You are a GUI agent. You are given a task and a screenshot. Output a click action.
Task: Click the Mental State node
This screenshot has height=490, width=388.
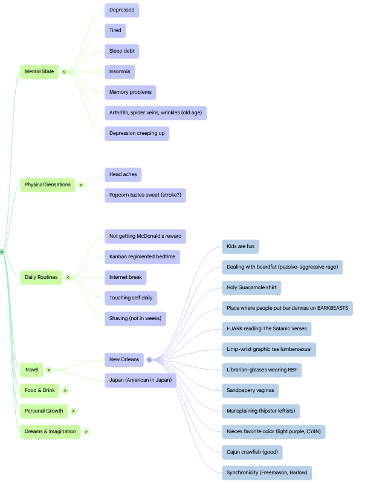tap(39, 72)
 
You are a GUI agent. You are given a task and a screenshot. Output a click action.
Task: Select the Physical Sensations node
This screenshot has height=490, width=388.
tap(48, 185)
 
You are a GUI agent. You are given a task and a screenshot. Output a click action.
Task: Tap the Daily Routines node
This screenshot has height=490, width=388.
tap(41, 278)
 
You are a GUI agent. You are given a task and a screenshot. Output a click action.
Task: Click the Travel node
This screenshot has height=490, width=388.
tap(31, 370)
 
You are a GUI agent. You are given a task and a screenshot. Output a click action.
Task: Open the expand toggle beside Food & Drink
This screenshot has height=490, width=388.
tap(65, 391)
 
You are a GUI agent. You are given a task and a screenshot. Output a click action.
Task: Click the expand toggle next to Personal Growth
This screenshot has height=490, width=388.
tap(73, 411)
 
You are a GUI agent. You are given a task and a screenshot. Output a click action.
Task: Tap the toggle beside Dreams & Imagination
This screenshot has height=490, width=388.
tap(86, 432)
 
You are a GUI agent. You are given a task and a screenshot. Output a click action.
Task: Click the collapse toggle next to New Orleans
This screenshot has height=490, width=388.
tap(149, 360)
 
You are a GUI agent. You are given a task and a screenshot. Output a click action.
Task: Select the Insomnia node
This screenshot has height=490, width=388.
tap(120, 72)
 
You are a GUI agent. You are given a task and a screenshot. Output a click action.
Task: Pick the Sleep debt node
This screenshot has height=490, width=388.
tap(121, 51)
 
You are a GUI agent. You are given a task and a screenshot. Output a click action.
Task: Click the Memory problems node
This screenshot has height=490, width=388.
tap(131, 93)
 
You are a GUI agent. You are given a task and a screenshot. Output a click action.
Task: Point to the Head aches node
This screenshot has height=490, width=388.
tap(123, 175)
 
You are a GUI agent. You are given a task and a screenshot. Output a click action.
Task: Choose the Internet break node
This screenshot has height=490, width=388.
tap(126, 278)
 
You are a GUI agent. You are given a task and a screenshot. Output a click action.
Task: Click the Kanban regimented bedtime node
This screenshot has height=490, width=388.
tap(143, 257)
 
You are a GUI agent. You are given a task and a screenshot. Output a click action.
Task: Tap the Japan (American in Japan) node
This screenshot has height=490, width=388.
tap(140, 381)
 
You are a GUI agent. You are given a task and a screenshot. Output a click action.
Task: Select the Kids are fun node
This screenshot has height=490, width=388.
tap(241, 247)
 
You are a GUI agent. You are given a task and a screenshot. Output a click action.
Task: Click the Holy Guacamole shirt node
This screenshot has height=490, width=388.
tap(251, 288)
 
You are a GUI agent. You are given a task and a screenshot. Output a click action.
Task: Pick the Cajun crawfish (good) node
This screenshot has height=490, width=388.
tap(252, 452)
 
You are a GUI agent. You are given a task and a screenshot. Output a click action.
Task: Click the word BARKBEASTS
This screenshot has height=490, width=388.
tap(333, 308)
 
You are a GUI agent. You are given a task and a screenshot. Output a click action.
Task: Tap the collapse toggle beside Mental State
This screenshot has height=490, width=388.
tap(64, 72)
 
